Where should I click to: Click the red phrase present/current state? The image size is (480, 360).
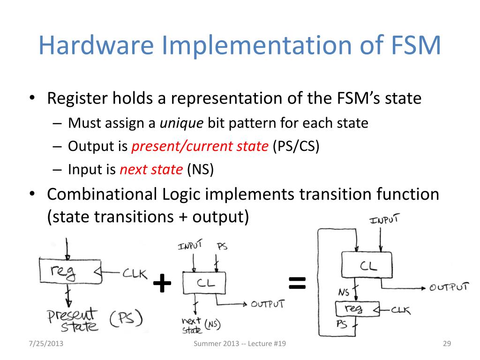[x=199, y=147]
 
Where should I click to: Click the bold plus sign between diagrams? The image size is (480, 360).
[x=162, y=284]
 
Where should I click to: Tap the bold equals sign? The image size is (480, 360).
[x=297, y=282]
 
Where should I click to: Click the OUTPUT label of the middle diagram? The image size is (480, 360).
[x=267, y=304]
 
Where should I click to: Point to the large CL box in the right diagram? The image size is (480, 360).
[x=368, y=265]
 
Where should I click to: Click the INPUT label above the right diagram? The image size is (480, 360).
[x=384, y=219]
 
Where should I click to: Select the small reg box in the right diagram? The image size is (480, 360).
[x=357, y=308]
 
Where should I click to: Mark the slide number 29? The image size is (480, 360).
[x=446, y=345]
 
